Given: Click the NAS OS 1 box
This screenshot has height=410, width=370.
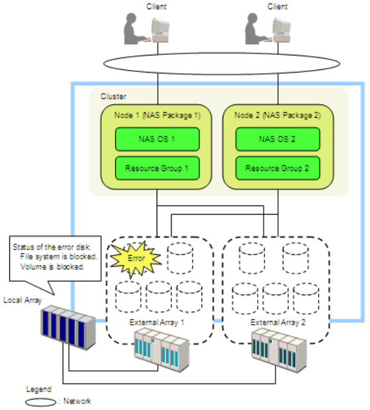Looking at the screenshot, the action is coord(157,139).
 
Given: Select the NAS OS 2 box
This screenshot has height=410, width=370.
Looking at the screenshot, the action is coord(277,139).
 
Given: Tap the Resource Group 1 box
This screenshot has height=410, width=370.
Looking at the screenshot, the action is coord(157,168).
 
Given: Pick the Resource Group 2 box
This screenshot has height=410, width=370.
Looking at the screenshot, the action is coord(277,168).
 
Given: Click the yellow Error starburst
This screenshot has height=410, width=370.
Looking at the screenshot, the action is coord(135,259).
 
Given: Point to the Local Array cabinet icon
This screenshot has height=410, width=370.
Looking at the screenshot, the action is coord(68,327).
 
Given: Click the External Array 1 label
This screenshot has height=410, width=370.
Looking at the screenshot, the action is coord(157,322).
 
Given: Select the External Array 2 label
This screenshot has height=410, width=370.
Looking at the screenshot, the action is coord(278,322).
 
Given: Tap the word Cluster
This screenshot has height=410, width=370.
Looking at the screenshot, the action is coord(114,96).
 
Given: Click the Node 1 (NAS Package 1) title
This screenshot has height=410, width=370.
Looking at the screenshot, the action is coord(157,116).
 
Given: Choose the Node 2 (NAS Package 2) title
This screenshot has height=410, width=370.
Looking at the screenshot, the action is coord(277,116).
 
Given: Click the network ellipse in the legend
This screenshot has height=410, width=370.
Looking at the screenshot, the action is coord(40,402).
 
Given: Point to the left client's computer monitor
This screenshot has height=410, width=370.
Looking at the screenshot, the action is coord(161,30).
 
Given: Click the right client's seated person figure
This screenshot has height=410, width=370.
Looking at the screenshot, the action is coord(255,29).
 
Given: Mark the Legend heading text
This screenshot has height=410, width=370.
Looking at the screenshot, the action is coord(39,390).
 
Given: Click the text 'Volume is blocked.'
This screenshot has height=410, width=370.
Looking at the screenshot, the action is coord(52,267).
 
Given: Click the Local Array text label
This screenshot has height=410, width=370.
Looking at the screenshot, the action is coord(22,300).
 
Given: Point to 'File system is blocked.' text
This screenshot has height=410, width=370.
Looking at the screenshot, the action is coord(59,257).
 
